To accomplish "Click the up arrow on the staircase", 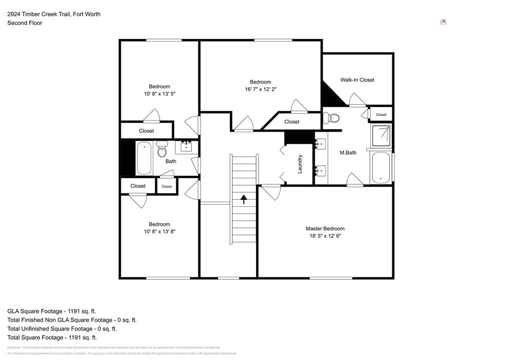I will [x=244, y=200].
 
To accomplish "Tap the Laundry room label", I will [x=300, y=164].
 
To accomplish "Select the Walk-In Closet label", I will [x=357, y=80].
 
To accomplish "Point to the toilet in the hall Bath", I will [x=162, y=149].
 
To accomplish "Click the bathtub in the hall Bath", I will [x=144, y=158].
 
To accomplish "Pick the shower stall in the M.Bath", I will [x=381, y=135].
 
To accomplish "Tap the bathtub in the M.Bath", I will [x=381, y=168].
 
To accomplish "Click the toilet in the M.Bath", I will [x=332, y=118].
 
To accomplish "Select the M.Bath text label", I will [x=348, y=153].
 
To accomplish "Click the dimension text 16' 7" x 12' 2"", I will [x=261, y=89].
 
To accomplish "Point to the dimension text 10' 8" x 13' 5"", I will [x=159, y=94].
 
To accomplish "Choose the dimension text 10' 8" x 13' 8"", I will [x=159, y=231].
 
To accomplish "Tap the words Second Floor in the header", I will [x=25, y=23].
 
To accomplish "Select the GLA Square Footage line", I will [x=52, y=311].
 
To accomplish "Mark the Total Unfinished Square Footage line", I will [x=62, y=328].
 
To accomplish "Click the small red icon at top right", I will [x=443, y=22].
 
